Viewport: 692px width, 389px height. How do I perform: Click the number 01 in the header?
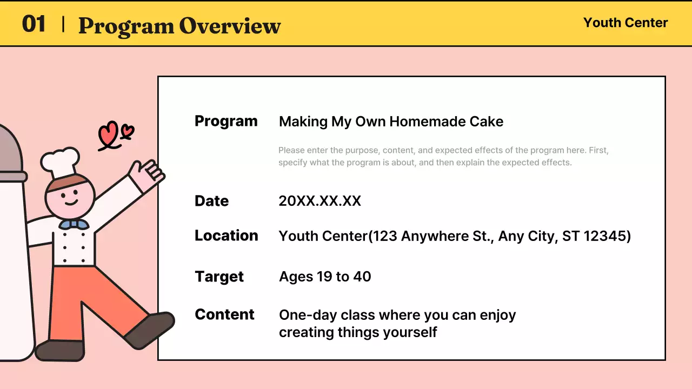[x=34, y=24]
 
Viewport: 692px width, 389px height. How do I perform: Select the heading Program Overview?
[x=179, y=25]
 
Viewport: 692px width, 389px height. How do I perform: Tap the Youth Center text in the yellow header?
[x=626, y=23]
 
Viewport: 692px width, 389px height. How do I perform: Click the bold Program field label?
[x=226, y=121]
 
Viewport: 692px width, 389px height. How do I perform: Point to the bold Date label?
[x=211, y=201]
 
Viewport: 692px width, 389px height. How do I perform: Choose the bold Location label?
[x=226, y=236]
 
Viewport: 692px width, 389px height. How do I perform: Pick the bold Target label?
[x=219, y=277]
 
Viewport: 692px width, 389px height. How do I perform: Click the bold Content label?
[x=224, y=314]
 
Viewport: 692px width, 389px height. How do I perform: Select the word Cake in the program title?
[x=485, y=122]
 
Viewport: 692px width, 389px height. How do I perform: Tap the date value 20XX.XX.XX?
[x=320, y=201]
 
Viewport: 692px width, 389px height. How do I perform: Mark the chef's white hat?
[x=60, y=160]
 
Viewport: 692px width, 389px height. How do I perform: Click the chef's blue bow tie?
[x=74, y=224]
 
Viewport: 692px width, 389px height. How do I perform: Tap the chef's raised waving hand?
[x=147, y=174]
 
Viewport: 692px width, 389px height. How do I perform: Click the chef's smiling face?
[x=70, y=197]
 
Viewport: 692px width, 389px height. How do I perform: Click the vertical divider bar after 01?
[x=64, y=24]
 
